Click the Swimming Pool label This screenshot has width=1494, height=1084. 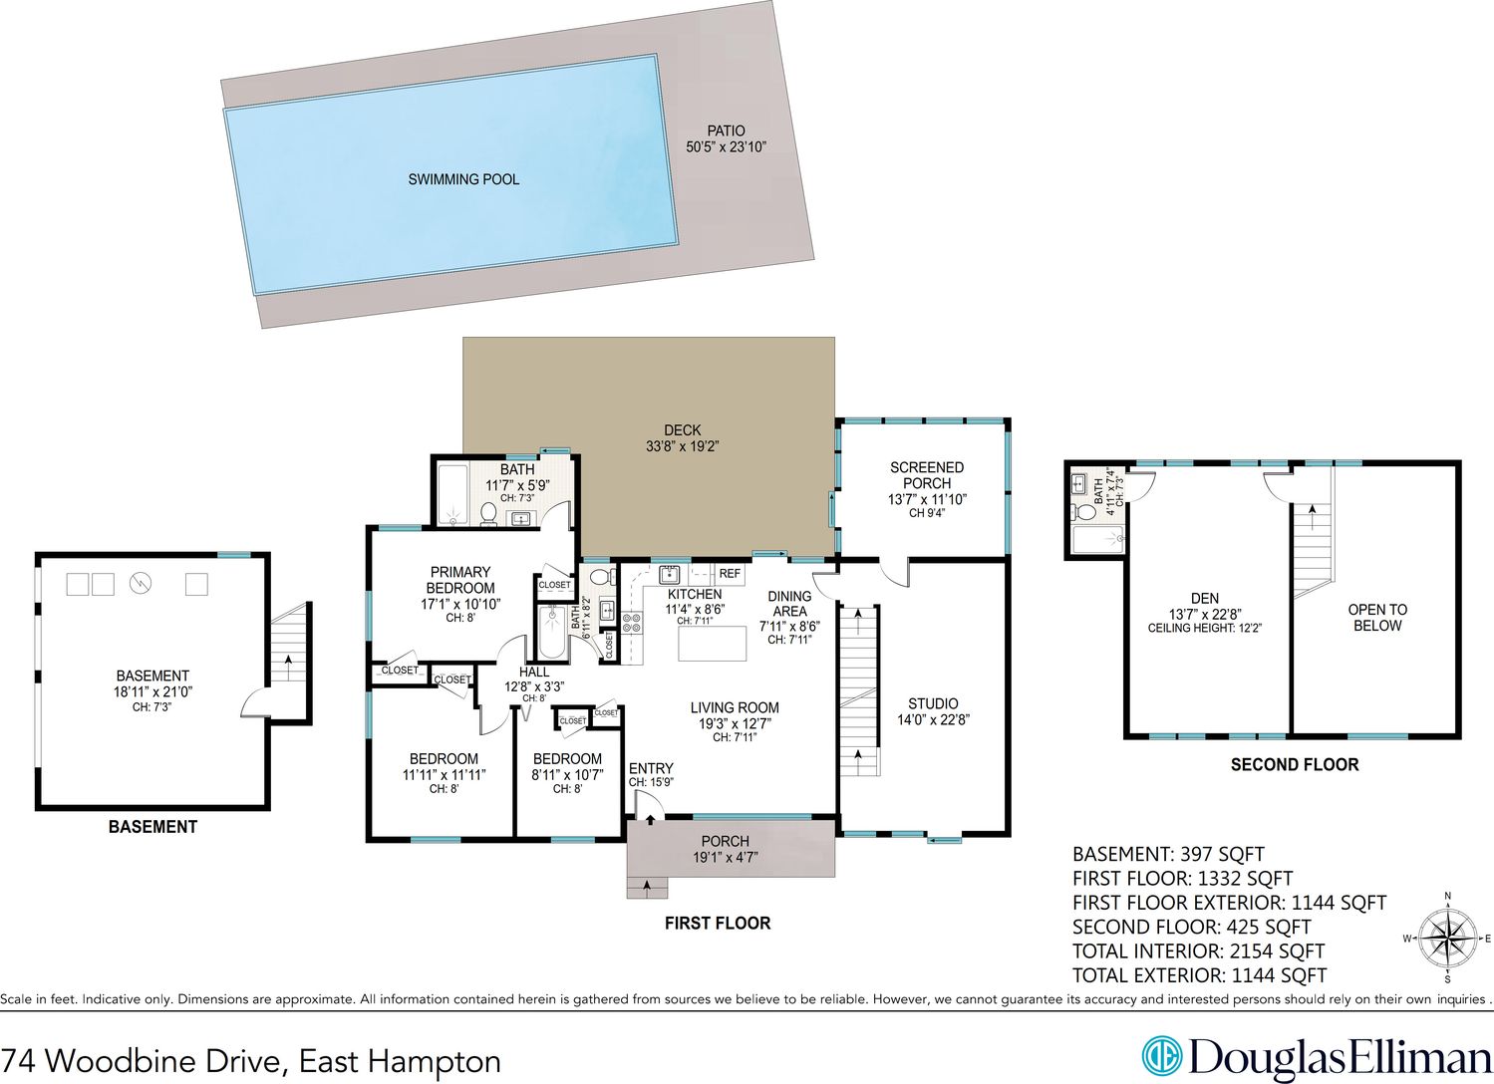click(x=463, y=179)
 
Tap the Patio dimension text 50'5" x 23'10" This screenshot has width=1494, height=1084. click(x=726, y=146)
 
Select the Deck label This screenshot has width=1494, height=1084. click(x=683, y=430)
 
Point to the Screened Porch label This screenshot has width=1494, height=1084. click(x=927, y=475)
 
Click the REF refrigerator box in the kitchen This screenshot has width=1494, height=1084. click(x=730, y=573)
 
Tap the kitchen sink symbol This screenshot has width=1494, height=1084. click(x=669, y=573)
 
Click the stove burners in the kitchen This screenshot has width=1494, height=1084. click(x=632, y=622)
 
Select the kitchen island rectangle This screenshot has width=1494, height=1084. click(x=712, y=644)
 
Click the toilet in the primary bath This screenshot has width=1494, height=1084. click(x=489, y=513)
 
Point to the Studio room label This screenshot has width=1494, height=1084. click(x=933, y=703)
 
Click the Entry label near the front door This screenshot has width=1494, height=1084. click(x=651, y=769)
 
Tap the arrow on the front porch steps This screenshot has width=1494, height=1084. click(x=647, y=886)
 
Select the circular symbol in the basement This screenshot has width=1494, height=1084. click(x=141, y=583)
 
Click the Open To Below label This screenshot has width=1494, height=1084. click(x=1377, y=618)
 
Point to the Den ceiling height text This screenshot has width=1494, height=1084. click(x=1205, y=628)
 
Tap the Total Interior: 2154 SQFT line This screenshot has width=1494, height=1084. click(x=1199, y=950)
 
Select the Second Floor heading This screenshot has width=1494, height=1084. click(x=1295, y=764)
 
